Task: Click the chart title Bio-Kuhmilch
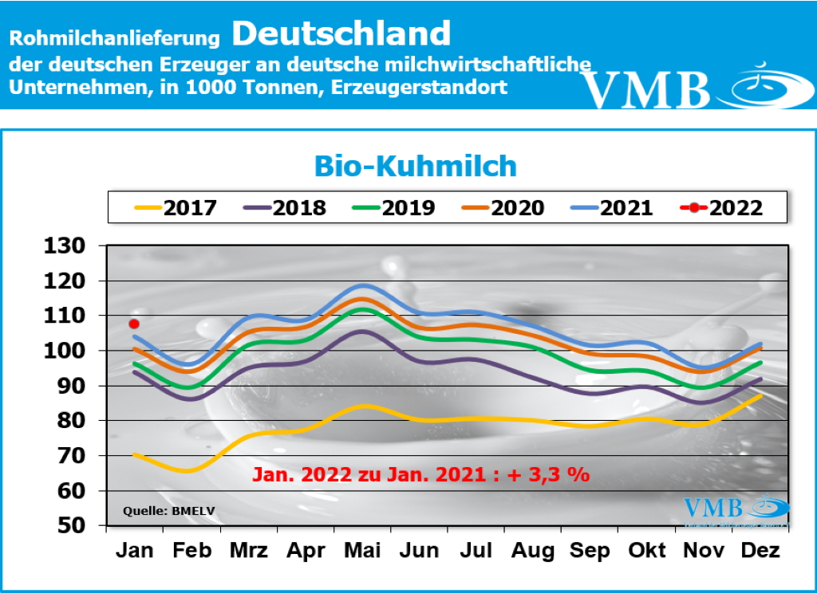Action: tap(415, 166)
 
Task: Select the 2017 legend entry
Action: tap(173, 208)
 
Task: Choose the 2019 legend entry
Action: tap(393, 208)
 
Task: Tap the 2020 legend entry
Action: tap(502, 208)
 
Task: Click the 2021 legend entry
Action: tap(611, 208)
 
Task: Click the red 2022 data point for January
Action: tap(134, 324)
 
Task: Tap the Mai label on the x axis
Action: tap(363, 551)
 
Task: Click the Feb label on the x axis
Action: tap(191, 551)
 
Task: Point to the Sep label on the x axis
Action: tap(590, 551)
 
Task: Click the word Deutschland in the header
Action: tap(342, 33)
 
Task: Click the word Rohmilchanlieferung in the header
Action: tap(114, 37)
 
